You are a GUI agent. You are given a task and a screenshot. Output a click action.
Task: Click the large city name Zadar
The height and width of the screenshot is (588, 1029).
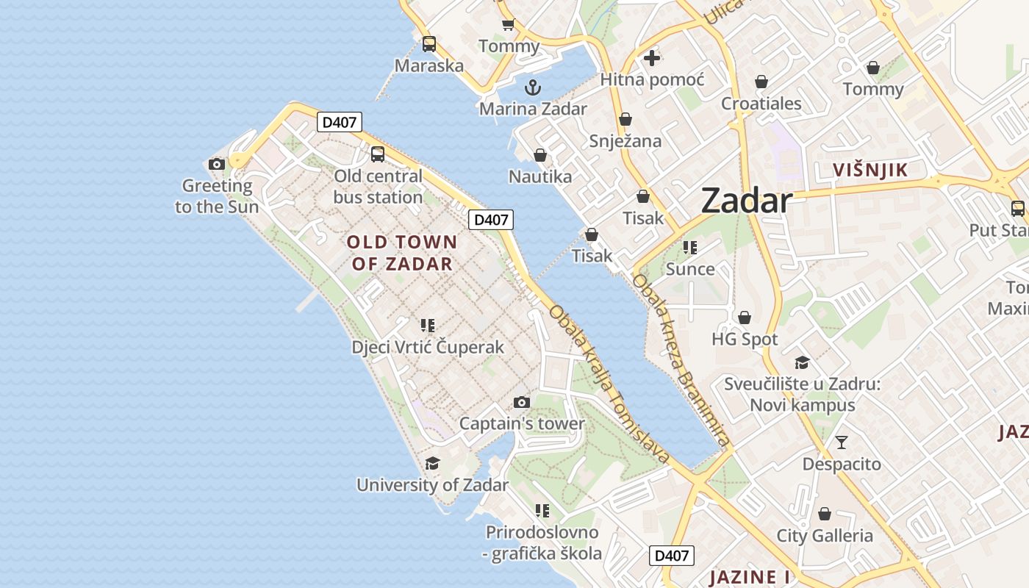746,200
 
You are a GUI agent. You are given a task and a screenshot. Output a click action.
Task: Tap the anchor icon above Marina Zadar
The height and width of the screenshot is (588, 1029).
533,88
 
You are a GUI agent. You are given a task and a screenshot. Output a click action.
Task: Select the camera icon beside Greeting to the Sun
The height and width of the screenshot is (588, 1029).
217,164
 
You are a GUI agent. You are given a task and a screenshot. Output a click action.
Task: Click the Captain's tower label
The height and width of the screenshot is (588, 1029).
522,423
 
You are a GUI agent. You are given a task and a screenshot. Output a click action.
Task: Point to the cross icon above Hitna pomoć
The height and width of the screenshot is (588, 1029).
652,58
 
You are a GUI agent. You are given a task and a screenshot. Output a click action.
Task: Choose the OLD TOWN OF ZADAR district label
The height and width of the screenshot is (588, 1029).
401,252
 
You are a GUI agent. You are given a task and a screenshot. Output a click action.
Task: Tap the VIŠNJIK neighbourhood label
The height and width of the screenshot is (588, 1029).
870,171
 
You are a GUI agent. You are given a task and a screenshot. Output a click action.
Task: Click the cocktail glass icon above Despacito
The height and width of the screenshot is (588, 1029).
842,442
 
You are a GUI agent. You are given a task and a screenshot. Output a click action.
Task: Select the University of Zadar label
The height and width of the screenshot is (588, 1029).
432,485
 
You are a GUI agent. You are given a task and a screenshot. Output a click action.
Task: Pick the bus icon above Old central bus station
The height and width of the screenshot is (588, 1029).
378,154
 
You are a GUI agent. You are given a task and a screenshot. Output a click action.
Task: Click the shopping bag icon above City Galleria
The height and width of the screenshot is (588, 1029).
825,514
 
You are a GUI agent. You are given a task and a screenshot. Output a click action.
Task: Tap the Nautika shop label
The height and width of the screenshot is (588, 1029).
540,176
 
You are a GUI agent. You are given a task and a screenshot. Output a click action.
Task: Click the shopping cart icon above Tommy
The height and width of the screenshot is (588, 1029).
508,25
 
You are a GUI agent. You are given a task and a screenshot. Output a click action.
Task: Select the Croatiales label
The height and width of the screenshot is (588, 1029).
761,104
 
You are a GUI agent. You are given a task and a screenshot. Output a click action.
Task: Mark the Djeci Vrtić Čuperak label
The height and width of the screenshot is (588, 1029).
428,347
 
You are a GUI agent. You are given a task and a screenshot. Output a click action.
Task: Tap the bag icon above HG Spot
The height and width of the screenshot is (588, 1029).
745,318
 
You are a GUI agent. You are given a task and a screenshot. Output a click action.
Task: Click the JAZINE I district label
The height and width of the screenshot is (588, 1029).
749,577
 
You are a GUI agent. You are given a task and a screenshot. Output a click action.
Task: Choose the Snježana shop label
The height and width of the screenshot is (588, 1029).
625,141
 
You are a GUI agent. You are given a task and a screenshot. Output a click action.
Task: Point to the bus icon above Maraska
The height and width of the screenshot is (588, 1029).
429,44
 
